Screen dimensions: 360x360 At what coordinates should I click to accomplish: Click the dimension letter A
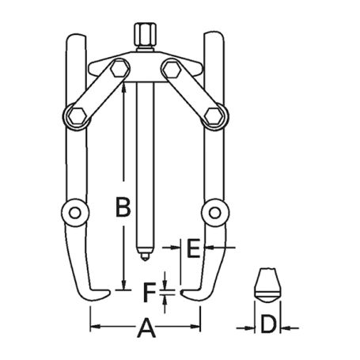145,326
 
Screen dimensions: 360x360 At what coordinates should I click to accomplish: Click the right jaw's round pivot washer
214,211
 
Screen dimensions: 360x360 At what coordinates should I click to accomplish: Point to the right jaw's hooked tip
188,294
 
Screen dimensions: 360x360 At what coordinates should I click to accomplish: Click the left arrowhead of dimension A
93,326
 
